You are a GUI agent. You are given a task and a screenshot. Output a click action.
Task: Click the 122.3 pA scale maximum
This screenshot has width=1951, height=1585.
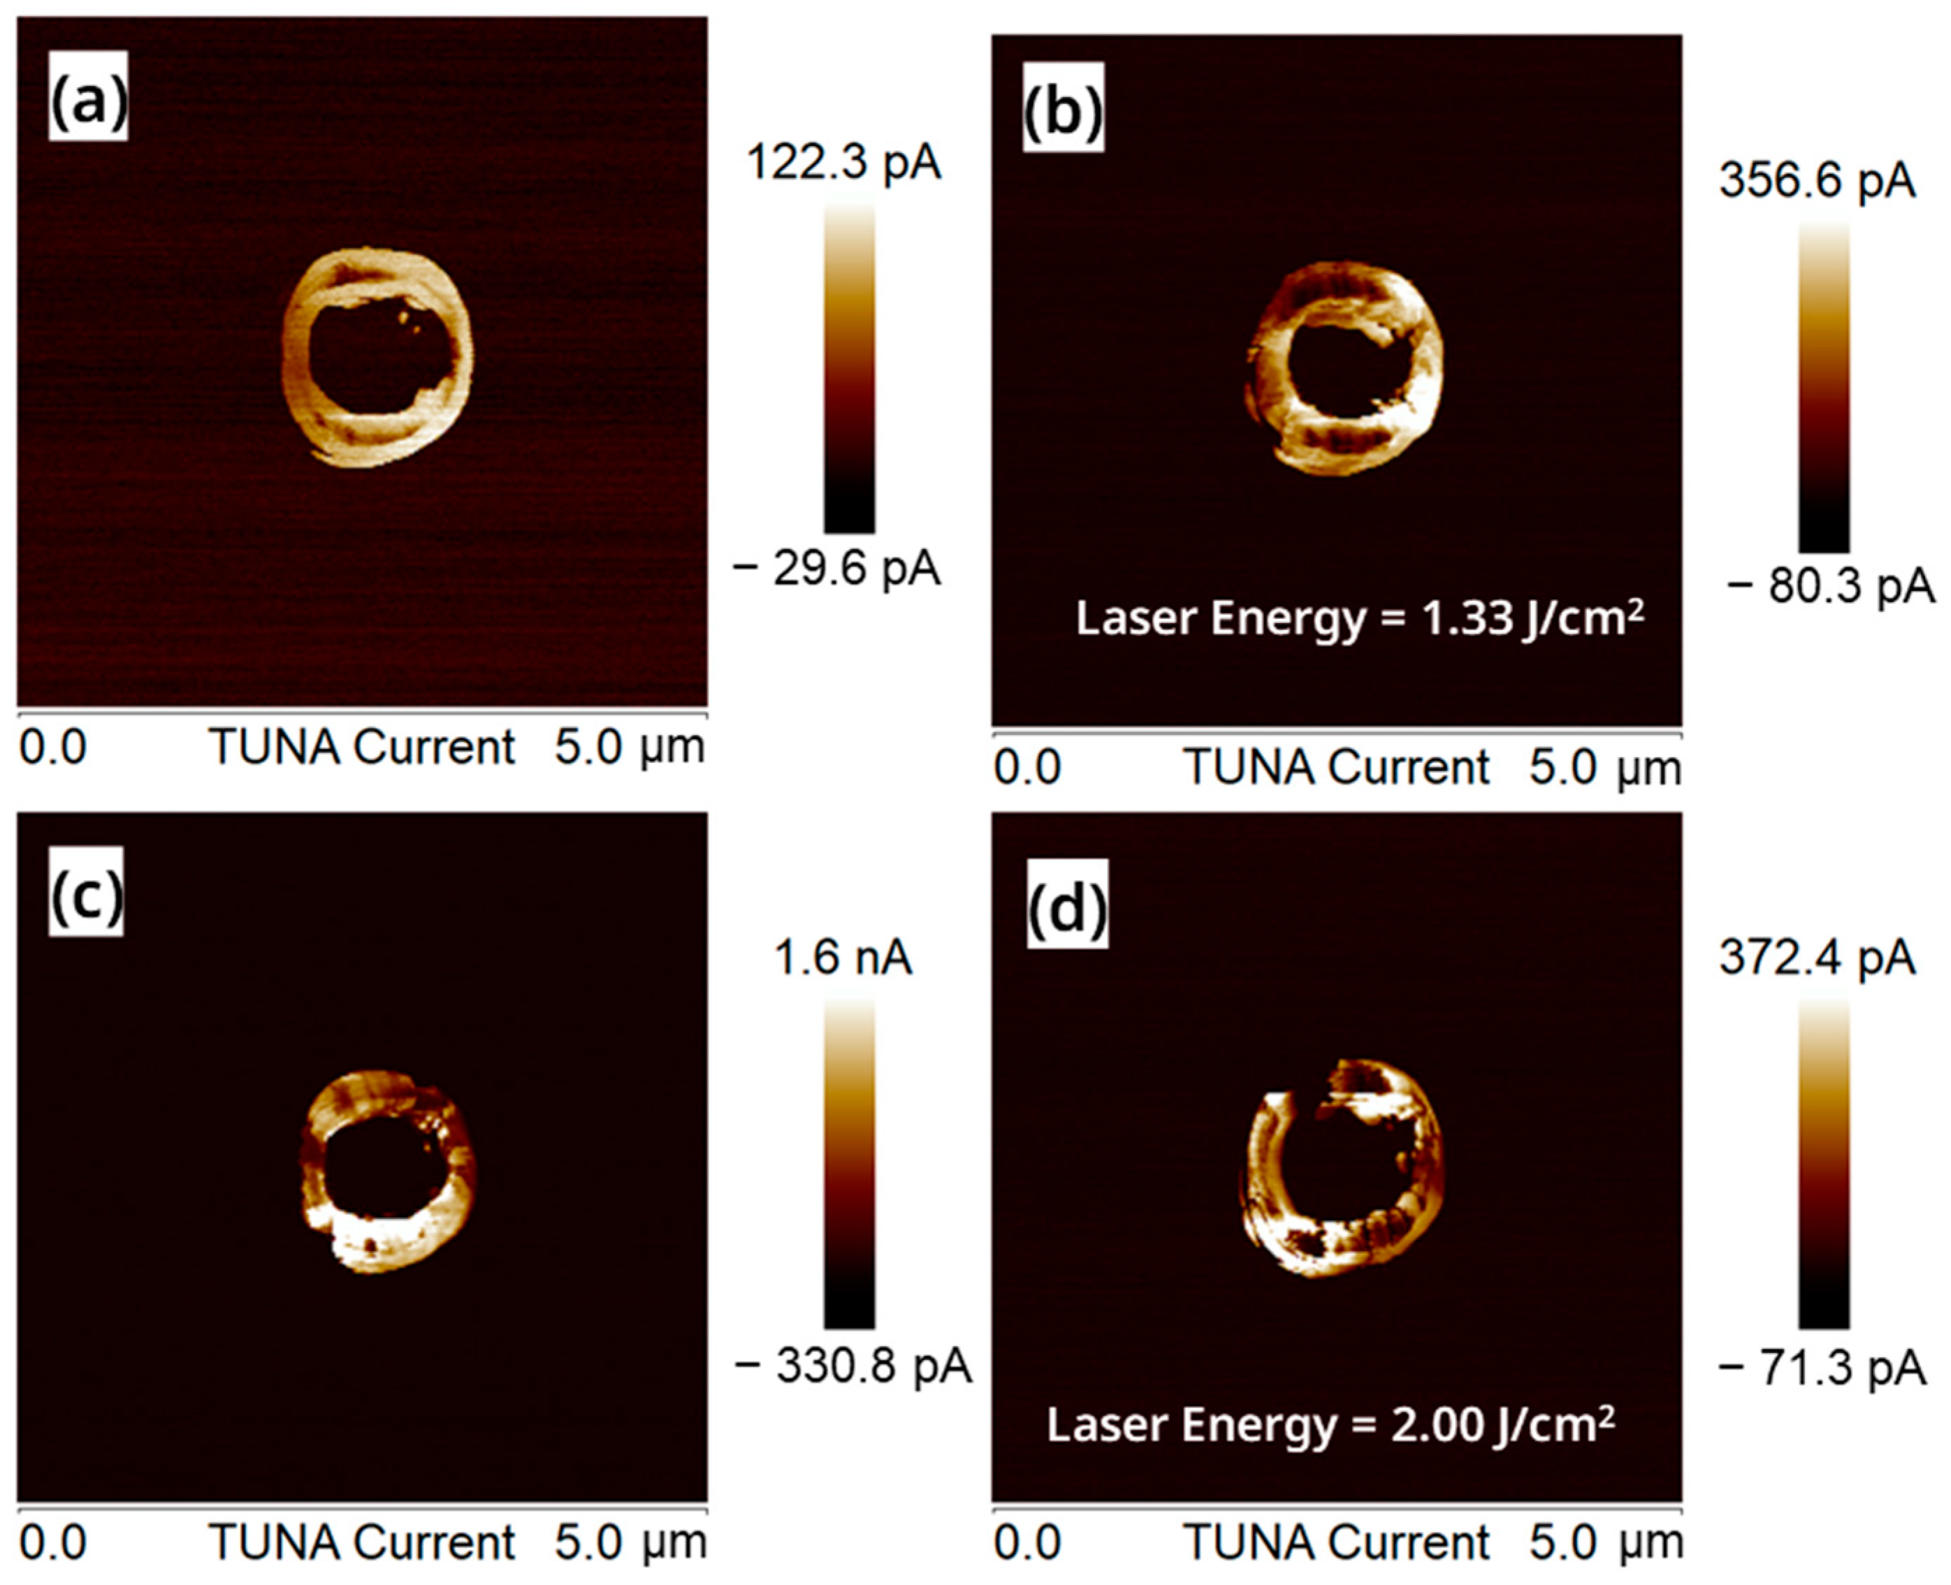tap(843, 164)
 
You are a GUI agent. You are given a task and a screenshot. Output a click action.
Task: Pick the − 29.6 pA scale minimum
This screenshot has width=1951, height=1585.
tap(836, 571)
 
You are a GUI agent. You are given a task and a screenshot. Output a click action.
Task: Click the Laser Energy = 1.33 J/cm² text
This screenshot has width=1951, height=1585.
tap(1360, 619)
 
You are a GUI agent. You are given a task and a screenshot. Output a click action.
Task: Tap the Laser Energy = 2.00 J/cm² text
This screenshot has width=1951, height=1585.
tap(1330, 1424)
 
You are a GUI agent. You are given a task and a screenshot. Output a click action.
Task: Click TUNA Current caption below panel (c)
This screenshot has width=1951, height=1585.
tap(362, 1543)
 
